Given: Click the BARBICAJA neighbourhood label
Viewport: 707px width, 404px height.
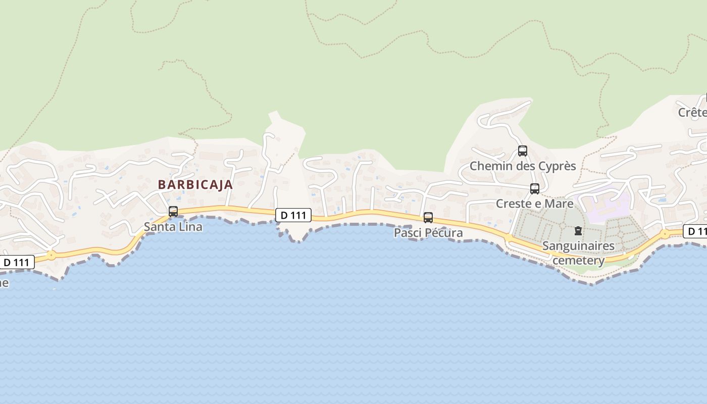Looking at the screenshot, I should tap(195, 184).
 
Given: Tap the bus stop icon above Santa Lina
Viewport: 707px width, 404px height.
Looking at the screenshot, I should tap(173, 212).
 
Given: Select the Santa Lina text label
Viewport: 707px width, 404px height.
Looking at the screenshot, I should tap(173, 227).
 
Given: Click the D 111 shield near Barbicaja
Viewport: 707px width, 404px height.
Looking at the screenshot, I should tap(293, 215).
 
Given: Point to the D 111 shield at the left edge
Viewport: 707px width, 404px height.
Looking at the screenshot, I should tap(17, 262).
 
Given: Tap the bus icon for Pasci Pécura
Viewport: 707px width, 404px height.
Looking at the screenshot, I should tap(428, 218).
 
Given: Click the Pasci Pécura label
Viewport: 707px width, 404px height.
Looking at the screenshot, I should tap(428, 233).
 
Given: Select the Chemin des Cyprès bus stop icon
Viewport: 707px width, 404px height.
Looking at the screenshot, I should tap(523, 151).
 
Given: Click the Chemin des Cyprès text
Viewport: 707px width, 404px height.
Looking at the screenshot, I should tap(523, 166).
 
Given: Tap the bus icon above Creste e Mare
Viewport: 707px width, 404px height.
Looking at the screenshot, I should tap(535, 189).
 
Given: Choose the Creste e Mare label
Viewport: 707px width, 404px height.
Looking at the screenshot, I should tap(535, 204).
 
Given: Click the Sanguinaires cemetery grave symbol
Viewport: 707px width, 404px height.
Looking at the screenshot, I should tap(578, 231).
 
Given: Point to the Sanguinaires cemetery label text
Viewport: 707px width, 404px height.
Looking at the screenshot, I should tap(579, 253).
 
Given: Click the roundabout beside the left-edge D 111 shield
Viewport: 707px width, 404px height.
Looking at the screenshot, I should tap(51, 256).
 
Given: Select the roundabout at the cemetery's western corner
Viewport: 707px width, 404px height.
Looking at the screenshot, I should tap(508, 237).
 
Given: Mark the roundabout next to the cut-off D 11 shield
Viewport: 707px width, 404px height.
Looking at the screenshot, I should tap(665, 234).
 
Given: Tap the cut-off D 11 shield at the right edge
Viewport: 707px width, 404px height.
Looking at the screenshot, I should tap(695, 231).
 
